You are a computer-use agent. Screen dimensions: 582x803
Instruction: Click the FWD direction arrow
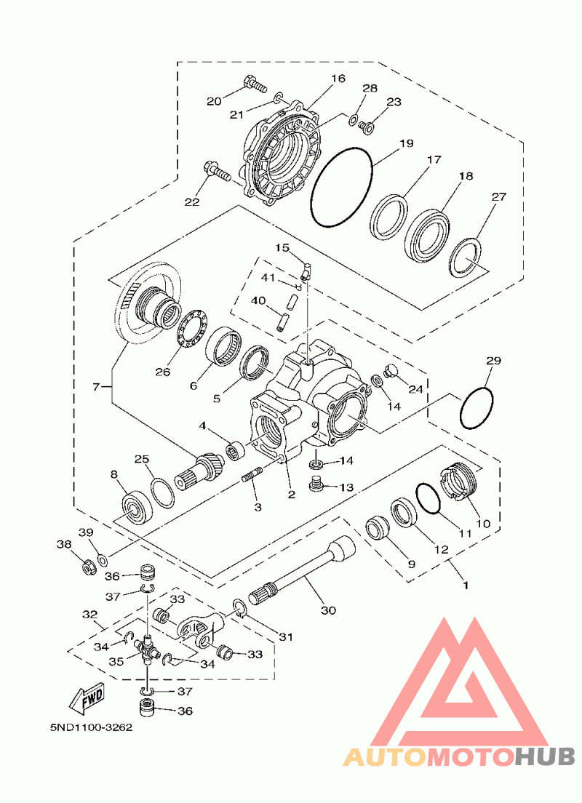pyautogui.click(x=87, y=697)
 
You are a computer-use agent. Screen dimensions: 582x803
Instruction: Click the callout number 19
pyautogui.click(x=405, y=143)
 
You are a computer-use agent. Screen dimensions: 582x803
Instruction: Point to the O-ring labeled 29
pyautogui.click(x=477, y=409)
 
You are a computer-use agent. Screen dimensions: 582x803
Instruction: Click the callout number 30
pyautogui.click(x=328, y=610)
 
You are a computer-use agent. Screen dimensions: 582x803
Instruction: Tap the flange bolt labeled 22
pyautogui.click(x=216, y=173)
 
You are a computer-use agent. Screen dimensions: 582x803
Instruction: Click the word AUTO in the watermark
pyautogui.click(x=383, y=757)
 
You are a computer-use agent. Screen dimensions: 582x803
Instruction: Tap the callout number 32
pyautogui.click(x=89, y=615)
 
